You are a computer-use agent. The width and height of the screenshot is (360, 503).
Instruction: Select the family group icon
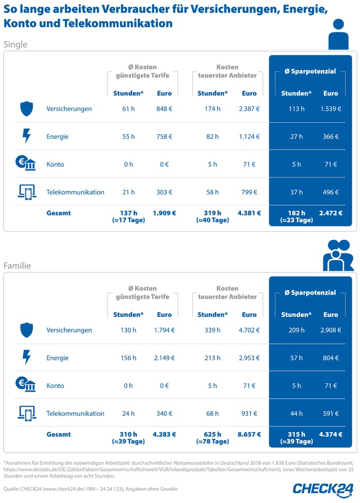[338, 256]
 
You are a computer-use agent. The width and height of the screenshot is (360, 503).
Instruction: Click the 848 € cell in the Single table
[164, 109]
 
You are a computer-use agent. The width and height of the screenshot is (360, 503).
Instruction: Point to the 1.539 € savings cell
[331, 109]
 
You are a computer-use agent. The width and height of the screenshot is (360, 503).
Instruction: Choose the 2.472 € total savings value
[330, 213]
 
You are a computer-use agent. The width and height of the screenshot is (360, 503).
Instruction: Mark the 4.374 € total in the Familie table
[330, 435]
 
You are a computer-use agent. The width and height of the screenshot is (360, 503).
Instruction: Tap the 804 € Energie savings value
[331, 358]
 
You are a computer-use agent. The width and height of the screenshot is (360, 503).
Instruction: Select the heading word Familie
[17, 266]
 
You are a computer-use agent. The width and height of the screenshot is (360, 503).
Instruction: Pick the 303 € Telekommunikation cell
[164, 192]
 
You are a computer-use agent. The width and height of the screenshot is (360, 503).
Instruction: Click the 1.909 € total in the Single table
[164, 213]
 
